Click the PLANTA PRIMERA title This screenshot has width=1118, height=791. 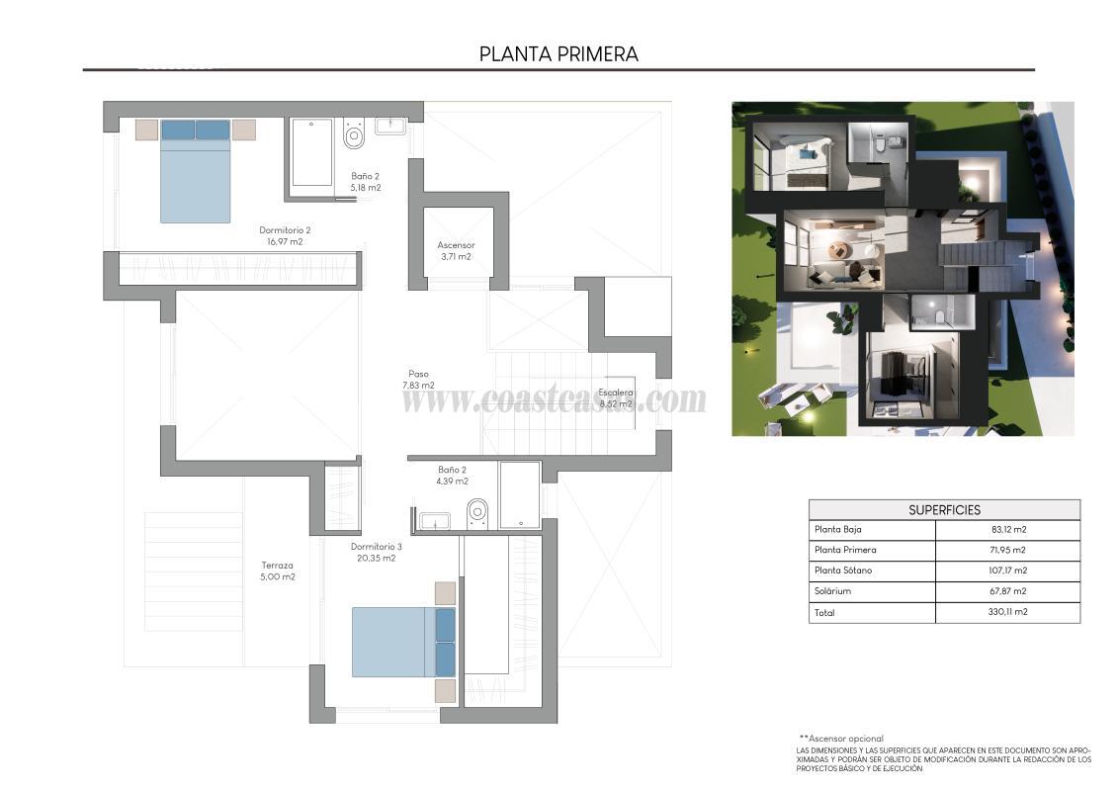(x=559, y=54)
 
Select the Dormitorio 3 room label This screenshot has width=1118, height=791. (x=376, y=552)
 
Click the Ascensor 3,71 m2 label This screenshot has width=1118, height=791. (x=456, y=250)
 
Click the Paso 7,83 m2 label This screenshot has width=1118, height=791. (x=418, y=380)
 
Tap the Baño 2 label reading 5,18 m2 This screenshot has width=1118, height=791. (x=366, y=182)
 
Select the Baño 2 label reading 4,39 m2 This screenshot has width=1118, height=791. (x=452, y=476)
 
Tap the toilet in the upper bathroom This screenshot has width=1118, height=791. (x=354, y=133)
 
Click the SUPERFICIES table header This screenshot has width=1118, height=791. (x=944, y=510)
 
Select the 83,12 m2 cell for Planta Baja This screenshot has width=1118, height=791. (x=1007, y=530)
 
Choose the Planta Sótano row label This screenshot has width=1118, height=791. (x=843, y=571)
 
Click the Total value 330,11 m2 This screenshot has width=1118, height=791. (x=1007, y=613)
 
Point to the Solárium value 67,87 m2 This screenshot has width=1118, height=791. (x=1007, y=591)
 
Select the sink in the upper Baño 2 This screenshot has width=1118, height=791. (x=391, y=126)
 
